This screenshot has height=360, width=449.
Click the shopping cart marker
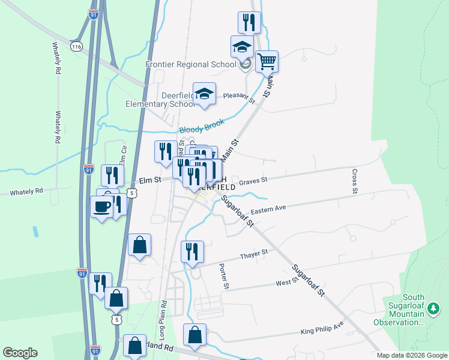click(x=267, y=61)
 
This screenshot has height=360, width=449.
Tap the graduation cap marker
click(x=243, y=46)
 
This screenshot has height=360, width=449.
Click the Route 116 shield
click(x=76, y=46)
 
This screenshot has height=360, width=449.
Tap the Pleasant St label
click(x=239, y=97)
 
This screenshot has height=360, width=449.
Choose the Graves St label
click(x=252, y=180)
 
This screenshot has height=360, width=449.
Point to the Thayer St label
click(x=253, y=255)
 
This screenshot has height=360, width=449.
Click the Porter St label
click(x=223, y=276)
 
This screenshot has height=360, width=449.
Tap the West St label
click(x=286, y=281)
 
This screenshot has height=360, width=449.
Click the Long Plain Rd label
click(x=162, y=318)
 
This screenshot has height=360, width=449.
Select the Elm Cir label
click(x=123, y=156)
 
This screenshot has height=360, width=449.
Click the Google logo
click(x=20, y=353)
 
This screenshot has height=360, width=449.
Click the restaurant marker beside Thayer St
click(x=192, y=251)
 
